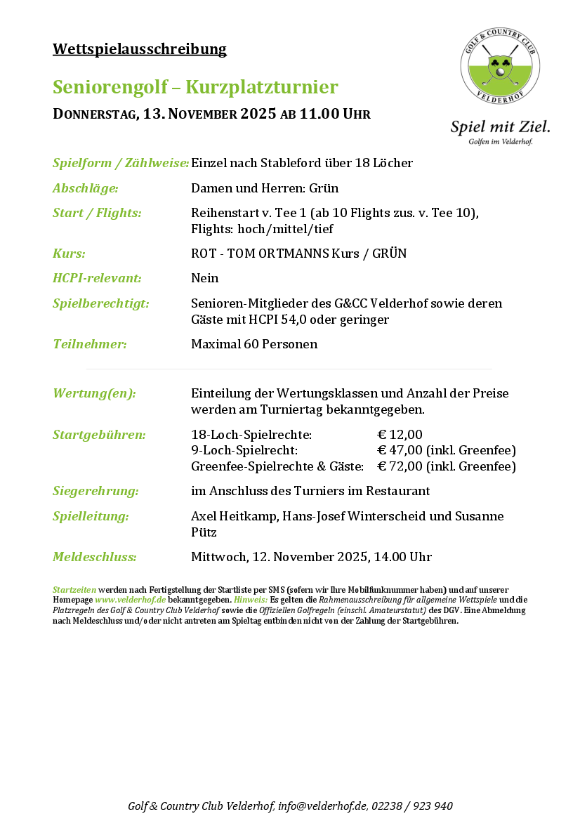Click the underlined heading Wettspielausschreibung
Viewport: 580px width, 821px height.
pyautogui.click(x=140, y=49)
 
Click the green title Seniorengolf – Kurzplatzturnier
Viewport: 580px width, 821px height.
pyautogui.click(x=195, y=87)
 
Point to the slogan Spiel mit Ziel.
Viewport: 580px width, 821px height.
pyautogui.click(x=500, y=126)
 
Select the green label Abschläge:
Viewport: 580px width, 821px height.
pyautogui.click(x=86, y=188)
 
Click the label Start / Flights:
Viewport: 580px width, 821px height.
pyautogui.click(x=97, y=213)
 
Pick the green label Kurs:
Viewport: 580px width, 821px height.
pyautogui.click(x=69, y=254)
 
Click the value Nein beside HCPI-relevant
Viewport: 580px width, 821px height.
pyautogui.click(x=204, y=278)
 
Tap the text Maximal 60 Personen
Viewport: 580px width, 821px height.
pyautogui.click(x=254, y=344)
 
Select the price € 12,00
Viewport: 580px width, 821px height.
pyautogui.click(x=400, y=435)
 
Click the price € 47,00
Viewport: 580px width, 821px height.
pyautogui.click(x=400, y=450)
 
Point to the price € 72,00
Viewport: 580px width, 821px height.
pyautogui.click(x=400, y=466)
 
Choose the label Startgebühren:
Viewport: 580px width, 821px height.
pyautogui.click(x=99, y=435)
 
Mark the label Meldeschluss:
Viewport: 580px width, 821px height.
pyautogui.click(x=95, y=557)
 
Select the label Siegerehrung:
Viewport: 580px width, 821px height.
pyautogui.click(x=95, y=491)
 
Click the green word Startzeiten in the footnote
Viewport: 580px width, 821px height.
pyautogui.click(x=74, y=589)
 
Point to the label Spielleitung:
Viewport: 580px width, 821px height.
pyautogui.click(x=91, y=516)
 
